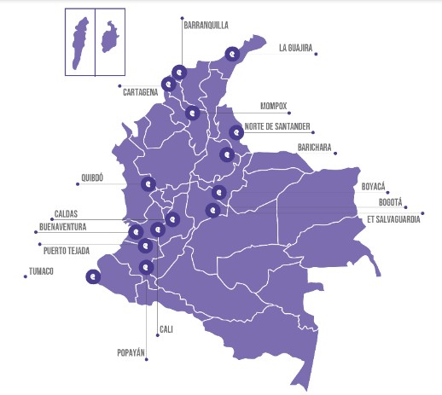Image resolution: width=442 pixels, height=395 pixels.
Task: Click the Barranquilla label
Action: pyautogui.click(x=206, y=26)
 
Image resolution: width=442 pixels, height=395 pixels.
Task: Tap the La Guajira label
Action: pyautogui.click(x=295, y=49)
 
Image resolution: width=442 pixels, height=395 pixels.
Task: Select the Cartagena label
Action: pyautogui.click(x=140, y=90)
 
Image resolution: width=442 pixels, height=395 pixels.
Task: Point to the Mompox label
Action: pyautogui.click(x=274, y=107)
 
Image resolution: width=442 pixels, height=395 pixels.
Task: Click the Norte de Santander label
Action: pyautogui.click(x=277, y=127)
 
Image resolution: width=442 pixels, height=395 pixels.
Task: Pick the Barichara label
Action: pyautogui.click(x=314, y=148)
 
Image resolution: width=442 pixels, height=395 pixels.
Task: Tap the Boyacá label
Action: pyautogui.click(x=374, y=186)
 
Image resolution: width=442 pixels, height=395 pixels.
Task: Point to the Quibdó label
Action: pyautogui.click(x=91, y=178)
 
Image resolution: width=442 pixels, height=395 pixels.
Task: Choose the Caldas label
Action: pyautogui.click(x=66, y=214)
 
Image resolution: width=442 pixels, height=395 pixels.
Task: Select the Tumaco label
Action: pyautogui.click(x=41, y=271)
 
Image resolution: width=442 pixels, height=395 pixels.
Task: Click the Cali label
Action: pyautogui.click(x=166, y=328)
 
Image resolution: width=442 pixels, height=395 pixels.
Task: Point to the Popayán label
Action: pyautogui.click(x=132, y=351)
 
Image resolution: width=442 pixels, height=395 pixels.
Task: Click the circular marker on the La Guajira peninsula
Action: pyautogui.click(x=232, y=55)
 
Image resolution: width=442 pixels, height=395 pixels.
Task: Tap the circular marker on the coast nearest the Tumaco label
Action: pyautogui.click(x=93, y=276)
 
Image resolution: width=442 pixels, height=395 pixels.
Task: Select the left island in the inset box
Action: pyautogui.click(x=80, y=40)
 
